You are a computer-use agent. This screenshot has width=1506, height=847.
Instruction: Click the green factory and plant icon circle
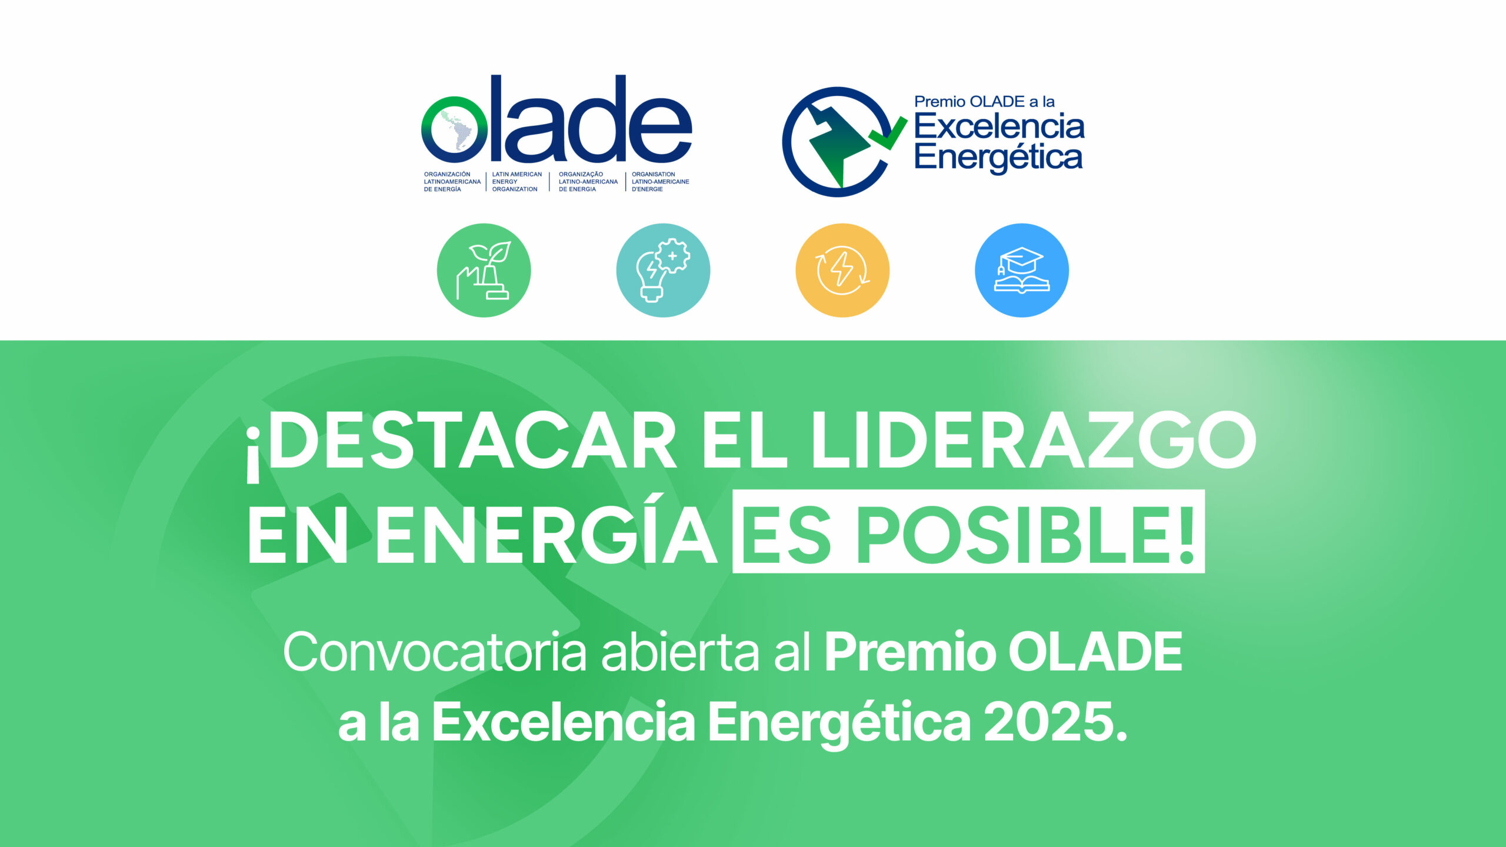pos(484,270)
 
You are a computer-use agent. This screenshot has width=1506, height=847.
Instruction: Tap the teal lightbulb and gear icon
pos(663,270)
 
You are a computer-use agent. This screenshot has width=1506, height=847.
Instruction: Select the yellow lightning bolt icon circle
pos(842,270)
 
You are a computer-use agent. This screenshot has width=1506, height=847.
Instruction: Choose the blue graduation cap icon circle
pos(1022,270)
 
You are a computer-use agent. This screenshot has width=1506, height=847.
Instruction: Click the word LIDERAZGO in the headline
pos(1034,440)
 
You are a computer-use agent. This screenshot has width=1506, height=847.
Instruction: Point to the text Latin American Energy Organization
pos(517,182)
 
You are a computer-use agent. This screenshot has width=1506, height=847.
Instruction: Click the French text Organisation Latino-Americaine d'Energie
pos(661,182)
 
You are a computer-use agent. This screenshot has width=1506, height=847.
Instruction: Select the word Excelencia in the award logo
pos(999,126)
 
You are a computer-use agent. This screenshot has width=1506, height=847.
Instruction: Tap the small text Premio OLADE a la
pos(984,102)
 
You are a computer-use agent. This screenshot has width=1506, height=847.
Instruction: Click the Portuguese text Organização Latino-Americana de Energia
pos(588,182)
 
